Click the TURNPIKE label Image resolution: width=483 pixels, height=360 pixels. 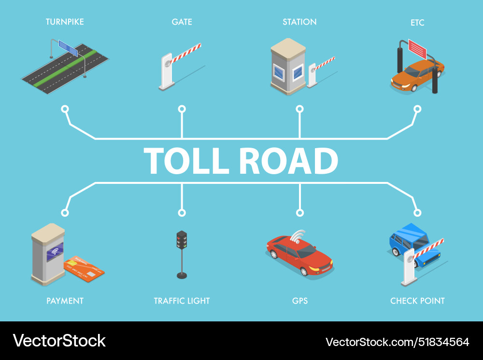[x=65, y=22]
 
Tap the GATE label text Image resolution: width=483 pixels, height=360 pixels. [x=182, y=22]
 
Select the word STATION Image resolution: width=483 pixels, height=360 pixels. [x=299, y=22]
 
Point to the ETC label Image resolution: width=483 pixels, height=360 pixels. [x=417, y=23]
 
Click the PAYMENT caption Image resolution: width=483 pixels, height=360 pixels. [x=65, y=301]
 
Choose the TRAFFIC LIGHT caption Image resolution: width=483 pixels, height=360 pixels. [x=182, y=301]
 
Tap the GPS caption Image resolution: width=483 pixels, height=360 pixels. [x=299, y=301]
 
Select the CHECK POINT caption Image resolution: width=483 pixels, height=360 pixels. [x=417, y=301]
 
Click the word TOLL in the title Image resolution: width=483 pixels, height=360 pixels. [x=186, y=161]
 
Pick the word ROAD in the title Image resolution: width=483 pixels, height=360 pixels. [x=289, y=161]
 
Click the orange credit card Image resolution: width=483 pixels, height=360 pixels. [x=84, y=268]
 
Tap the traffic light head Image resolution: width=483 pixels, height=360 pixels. [x=182, y=240]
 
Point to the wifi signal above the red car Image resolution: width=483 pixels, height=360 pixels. [x=298, y=235]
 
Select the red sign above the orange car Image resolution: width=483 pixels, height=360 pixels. [x=417, y=47]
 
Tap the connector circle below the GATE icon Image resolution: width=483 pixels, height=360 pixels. [x=182, y=109]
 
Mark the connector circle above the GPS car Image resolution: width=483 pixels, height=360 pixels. [x=299, y=212]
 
